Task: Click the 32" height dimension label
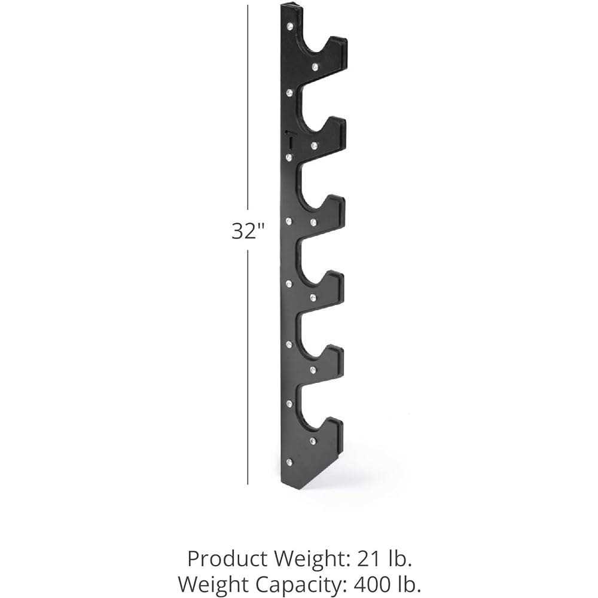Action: click(x=248, y=231)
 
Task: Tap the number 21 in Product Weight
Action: click(x=370, y=559)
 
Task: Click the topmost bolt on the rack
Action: click(x=290, y=26)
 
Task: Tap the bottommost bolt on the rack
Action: click(x=289, y=462)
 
